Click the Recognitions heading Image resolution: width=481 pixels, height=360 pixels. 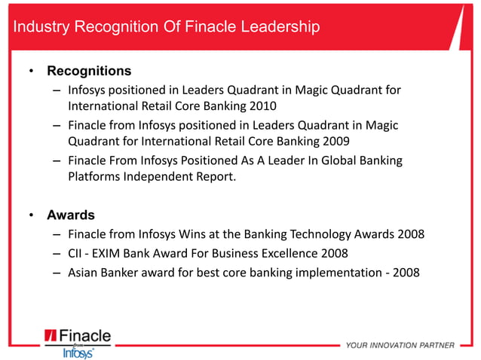pyautogui.click(x=89, y=72)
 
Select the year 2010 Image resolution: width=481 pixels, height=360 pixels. pyautogui.click(x=263, y=105)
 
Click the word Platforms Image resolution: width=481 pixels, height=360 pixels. pyautogui.click(x=93, y=177)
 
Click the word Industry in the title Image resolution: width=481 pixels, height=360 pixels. pyautogui.click(x=39, y=27)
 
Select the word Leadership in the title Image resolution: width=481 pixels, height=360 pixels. pyautogui.click(x=277, y=27)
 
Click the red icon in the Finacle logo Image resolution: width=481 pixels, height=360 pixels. pyautogui.click(x=51, y=336)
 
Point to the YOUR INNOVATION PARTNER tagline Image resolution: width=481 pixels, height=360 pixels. pyautogui.click(x=400, y=346)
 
